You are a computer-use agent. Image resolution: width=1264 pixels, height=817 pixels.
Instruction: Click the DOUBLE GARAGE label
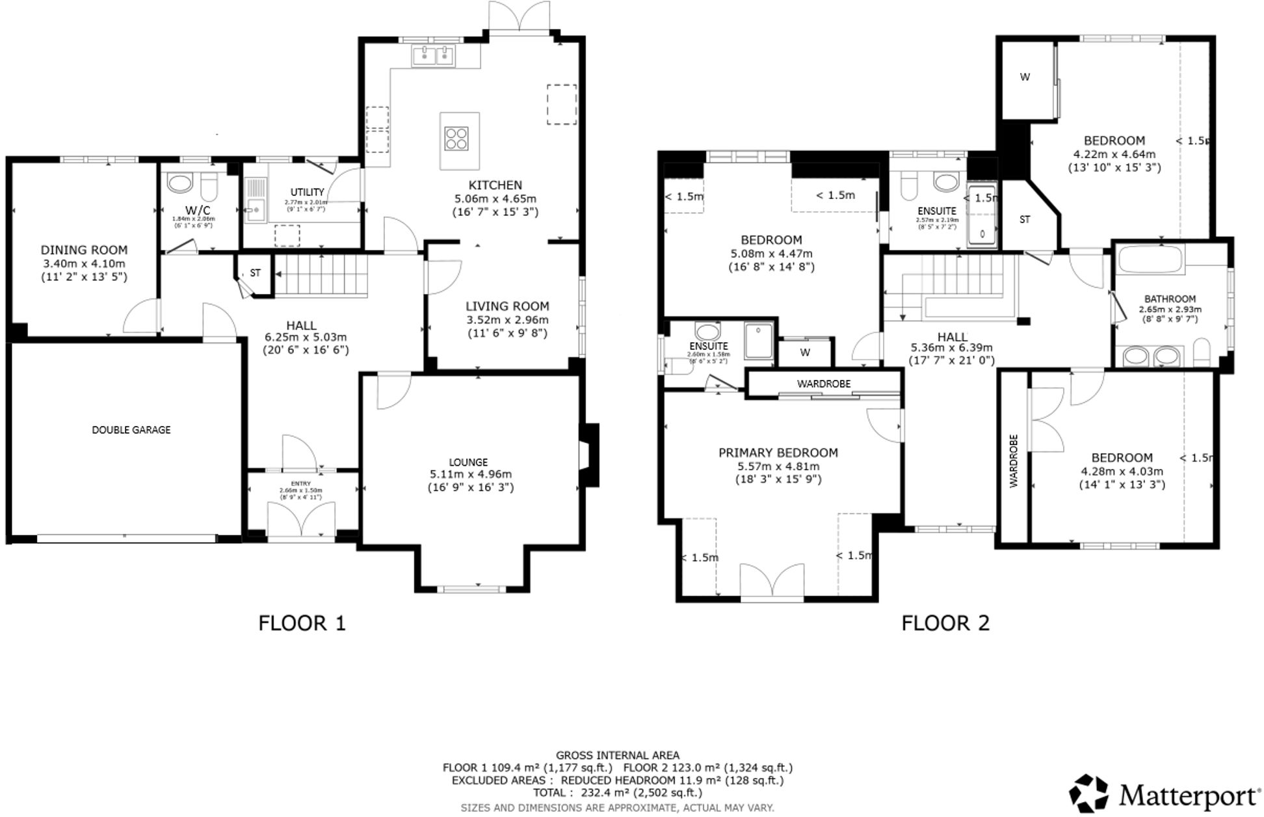(131, 430)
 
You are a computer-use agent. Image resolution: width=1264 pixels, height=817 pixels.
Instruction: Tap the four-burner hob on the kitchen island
(455, 139)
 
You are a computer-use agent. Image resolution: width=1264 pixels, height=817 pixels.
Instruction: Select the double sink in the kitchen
(433, 56)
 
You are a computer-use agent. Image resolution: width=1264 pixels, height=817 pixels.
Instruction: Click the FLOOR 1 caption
(302, 623)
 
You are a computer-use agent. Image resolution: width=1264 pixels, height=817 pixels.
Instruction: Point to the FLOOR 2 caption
(945, 623)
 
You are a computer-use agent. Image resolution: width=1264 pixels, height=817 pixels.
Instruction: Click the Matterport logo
(1165, 794)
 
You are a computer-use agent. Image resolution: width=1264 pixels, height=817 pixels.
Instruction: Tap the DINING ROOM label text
(84, 250)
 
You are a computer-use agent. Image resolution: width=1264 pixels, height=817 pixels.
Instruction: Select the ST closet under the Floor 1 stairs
(255, 273)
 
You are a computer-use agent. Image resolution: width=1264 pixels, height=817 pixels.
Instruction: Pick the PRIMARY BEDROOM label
(778, 453)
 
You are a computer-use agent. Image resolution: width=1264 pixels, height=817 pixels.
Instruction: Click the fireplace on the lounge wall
(590, 455)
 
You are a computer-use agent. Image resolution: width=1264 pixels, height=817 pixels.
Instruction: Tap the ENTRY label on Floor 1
(300, 483)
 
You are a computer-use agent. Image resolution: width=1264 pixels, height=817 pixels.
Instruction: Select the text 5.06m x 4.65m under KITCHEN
(495, 198)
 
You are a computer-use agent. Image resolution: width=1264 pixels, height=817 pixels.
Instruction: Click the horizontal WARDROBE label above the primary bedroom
(823, 384)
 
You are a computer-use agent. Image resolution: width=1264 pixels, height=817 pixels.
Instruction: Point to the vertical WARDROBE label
(1013, 461)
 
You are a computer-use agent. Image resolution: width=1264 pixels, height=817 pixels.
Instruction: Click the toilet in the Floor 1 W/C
(209, 188)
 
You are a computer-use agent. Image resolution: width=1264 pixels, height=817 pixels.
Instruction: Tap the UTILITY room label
(307, 193)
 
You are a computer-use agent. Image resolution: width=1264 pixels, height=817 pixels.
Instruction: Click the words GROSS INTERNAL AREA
(617, 755)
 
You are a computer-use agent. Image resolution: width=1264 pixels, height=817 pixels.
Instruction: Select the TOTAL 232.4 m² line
(617, 792)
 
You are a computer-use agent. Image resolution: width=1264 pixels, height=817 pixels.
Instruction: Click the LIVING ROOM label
(507, 306)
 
